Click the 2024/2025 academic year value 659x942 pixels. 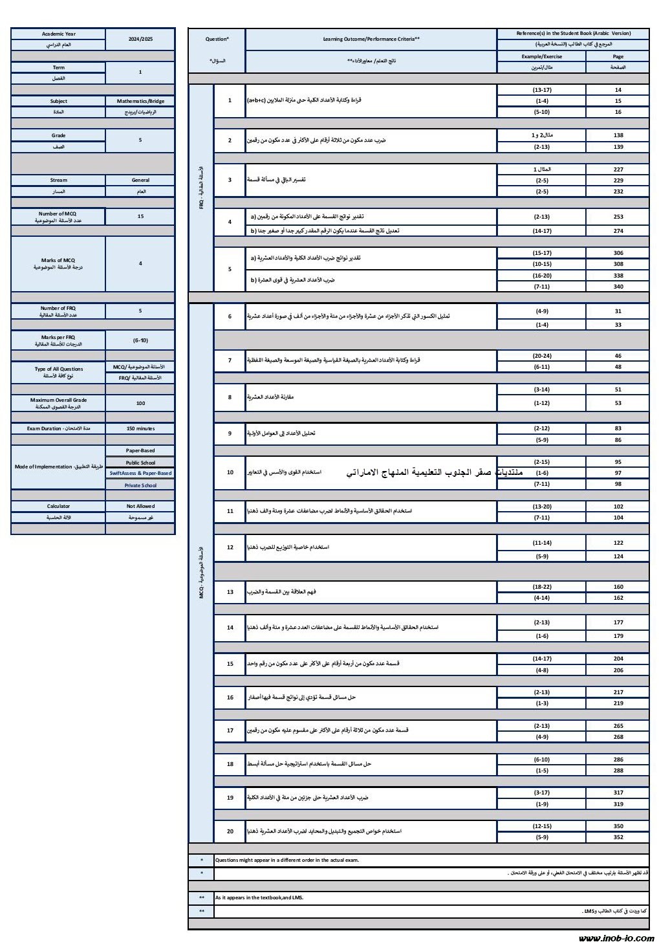[x=140, y=39]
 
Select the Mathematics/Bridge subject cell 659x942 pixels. [x=140, y=101]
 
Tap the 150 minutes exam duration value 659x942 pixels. [x=140, y=428]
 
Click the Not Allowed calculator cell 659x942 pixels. [x=140, y=506]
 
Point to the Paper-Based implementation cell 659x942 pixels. [x=140, y=450]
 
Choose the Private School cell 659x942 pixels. [x=140, y=485]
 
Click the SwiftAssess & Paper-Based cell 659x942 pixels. [x=140, y=473]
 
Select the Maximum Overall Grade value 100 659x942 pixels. [x=140, y=403]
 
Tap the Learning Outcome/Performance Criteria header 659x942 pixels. [x=371, y=39]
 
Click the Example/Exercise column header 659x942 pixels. [x=541, y=56]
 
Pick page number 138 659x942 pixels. [x=618, y=135]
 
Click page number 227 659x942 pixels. [x=618, y=170]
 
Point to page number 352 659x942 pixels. [x=618, y=837]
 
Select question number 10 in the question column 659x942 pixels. [x=230, y=472]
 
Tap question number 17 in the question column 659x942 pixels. [x=230, y=730]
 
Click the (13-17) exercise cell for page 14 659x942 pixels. [x=541, y=90]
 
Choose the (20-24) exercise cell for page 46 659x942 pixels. [x=541, y=356]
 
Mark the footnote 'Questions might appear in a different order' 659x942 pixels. [x=287, y=860]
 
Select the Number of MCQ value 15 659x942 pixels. [x=140, y=216]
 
